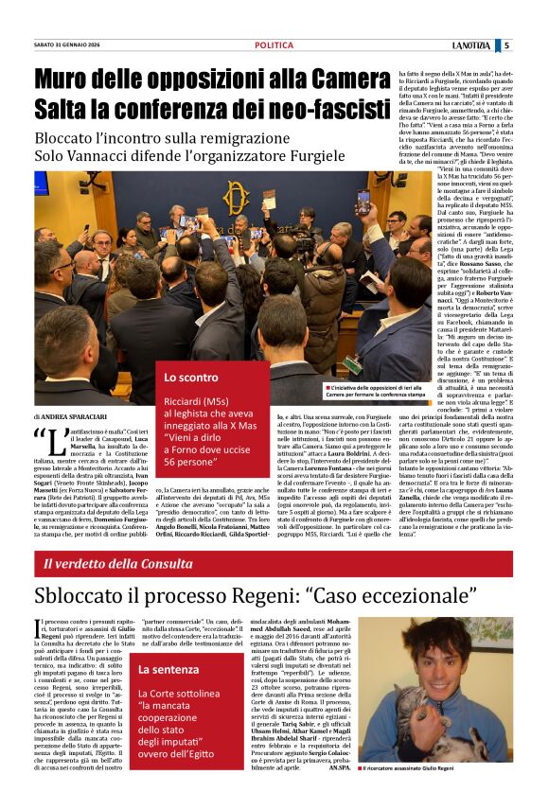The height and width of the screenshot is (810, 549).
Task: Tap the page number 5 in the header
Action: click(533, 45)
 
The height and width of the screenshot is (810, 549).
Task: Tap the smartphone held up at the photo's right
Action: click(363, 202)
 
